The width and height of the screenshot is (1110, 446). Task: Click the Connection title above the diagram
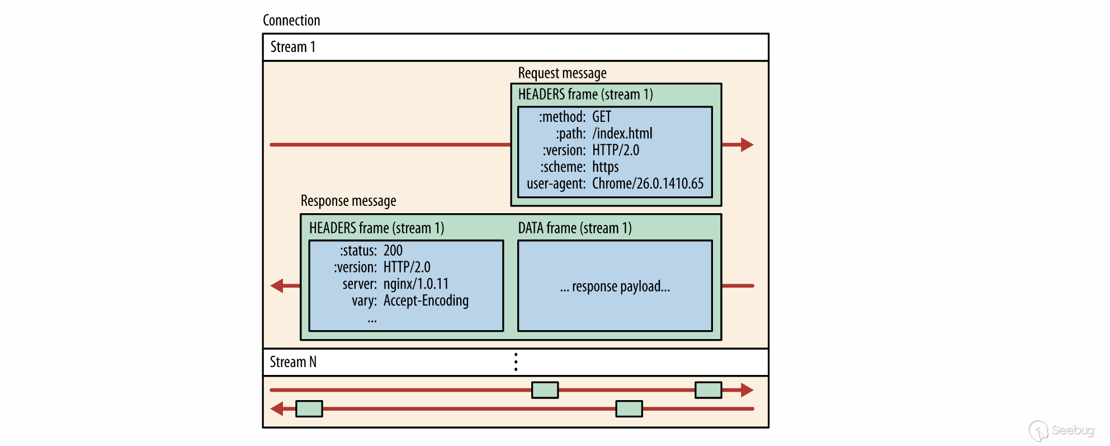(291, 21)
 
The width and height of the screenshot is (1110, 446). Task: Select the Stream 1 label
(292, 47)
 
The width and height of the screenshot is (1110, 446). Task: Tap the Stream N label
(293, 362)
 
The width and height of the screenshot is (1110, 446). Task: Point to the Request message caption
(562, 73)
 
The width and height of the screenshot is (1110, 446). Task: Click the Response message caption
(348, 201)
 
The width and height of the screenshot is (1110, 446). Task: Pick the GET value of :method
(602, 117)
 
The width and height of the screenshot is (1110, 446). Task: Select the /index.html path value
(622, 134)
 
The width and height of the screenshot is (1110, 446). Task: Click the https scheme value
(606, 167)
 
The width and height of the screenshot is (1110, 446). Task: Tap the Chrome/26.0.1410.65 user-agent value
(648, 184)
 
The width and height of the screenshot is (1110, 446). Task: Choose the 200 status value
(393, 251)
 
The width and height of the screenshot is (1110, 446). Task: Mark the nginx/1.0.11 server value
(416, 284)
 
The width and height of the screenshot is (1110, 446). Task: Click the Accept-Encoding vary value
(426, 301)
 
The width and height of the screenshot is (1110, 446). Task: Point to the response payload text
(615, 287)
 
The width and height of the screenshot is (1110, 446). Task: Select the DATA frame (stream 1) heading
(575, 228)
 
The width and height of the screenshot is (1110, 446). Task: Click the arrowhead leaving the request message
(747, 145)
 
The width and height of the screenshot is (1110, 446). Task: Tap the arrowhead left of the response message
(277, 286)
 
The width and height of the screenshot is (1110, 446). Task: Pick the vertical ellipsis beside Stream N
(516, 362)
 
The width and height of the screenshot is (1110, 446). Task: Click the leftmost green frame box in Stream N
(309, 409)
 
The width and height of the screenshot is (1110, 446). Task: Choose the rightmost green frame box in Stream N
(708, 390)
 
